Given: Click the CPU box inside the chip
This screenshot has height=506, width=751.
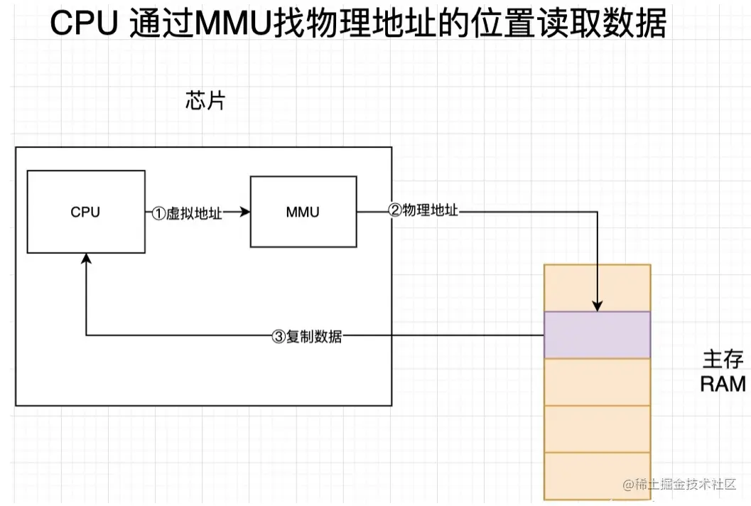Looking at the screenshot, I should click(85, 212).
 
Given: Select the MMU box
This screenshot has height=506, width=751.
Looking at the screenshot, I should click(303, 212).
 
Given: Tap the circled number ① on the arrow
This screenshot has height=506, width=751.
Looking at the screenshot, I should click(159, 212).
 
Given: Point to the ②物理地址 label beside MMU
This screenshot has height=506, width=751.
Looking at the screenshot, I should click(423, 210).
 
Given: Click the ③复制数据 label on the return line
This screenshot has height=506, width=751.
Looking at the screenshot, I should click(307, 337).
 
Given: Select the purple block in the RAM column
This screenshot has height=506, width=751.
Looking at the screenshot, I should click(597, 335).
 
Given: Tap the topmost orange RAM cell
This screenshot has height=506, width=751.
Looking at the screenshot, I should click(597, 288).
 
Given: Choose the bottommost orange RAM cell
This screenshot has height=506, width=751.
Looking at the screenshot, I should click(597, 475).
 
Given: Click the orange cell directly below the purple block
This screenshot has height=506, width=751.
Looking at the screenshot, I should click(597, 382).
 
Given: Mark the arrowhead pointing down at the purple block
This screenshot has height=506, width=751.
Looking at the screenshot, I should click(598, 306).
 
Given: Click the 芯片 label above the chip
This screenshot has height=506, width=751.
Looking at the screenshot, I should click(205, 101).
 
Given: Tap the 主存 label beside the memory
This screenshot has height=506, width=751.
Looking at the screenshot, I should click(722, 359).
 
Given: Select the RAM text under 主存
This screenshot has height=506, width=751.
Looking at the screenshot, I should click(723, 384).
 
